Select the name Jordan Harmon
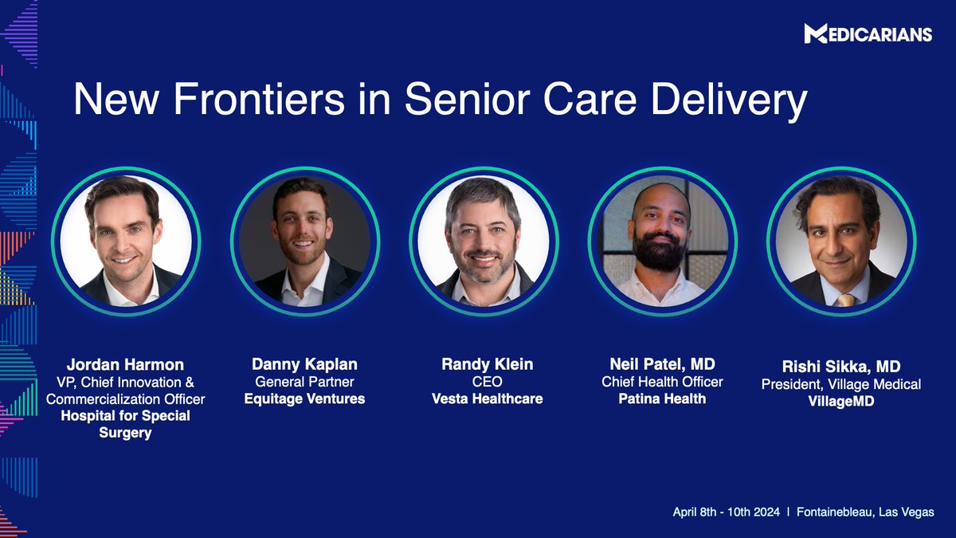point(125,365)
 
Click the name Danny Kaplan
point(304,364)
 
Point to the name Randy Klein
point(487,364)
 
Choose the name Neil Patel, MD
point(662,364)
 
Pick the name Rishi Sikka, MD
point(841,367)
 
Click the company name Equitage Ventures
point(304,399)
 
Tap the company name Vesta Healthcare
point(487,399)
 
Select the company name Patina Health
point(662,399)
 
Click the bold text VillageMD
point(841,401)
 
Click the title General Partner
point(304,382)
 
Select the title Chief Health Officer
point(662,382)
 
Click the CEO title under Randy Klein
point(487,382)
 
